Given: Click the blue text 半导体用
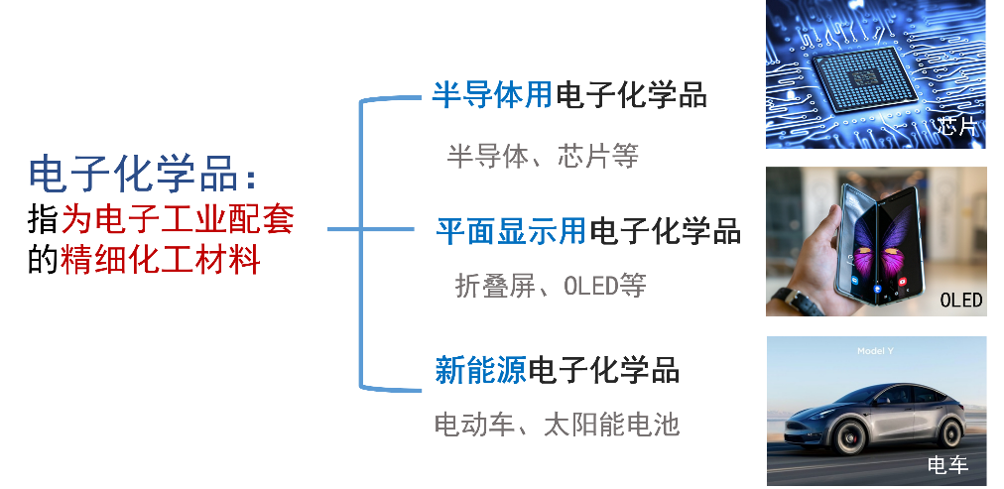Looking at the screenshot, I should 492,95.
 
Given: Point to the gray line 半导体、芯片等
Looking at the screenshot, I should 543,156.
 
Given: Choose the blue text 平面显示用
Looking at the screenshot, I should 511,231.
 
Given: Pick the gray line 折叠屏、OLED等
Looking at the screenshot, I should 550,287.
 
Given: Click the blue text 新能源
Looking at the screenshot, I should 480,370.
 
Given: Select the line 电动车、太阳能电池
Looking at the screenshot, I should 557,426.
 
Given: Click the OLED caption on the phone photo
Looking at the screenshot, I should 959,301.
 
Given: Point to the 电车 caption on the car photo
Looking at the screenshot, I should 946,464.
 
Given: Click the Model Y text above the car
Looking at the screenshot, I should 876,351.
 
